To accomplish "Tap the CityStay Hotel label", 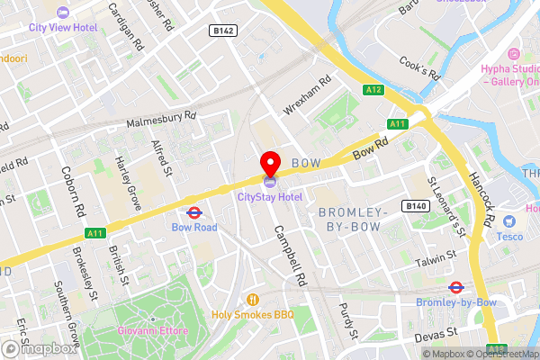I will [270, 196].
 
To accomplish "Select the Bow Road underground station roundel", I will [193, 213].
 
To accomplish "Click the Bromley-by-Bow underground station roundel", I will [456, 288].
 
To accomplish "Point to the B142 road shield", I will [223, 31].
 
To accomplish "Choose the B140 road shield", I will [415, 206].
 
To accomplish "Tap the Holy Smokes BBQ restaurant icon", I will [253, 300].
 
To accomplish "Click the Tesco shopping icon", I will [509, 221].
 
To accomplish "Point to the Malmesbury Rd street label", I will [161, 118].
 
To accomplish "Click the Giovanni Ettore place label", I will [152, 331].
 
